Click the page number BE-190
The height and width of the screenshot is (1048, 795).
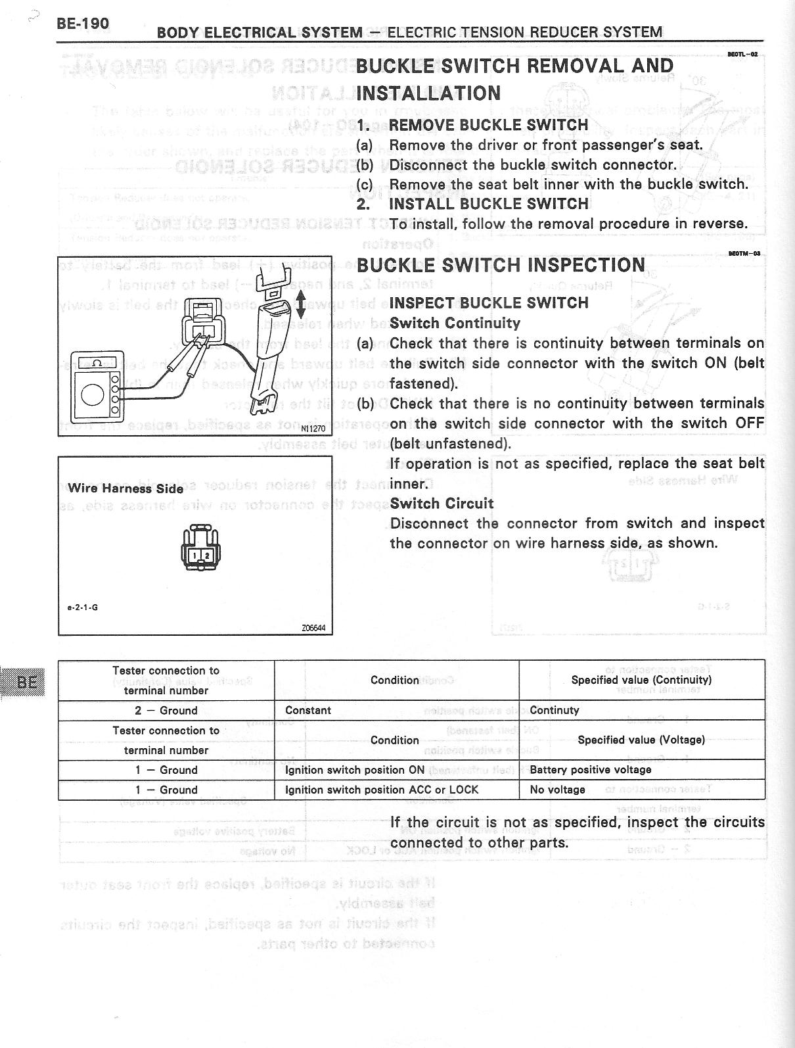coord(83,24)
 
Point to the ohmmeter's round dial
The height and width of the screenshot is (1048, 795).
coord(91,394)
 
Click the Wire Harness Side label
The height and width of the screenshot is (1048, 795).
coord(125,488)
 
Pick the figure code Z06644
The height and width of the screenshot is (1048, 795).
coord(313,628)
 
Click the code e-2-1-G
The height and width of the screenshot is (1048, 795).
coord(83,607)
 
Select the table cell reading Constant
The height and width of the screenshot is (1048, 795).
coord(308,710)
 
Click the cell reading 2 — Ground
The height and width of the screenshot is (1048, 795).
coord(166,710)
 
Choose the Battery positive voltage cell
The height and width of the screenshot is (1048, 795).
coord(590,770)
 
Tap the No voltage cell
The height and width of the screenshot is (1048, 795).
coord(557,790)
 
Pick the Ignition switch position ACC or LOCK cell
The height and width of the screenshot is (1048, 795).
coord(382,790)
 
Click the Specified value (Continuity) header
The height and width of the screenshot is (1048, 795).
coord(641,680)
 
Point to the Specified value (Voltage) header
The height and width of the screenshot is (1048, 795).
coord(641,740)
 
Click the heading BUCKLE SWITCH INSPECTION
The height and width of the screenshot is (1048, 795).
coord(501,266)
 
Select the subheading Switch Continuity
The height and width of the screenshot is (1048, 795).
coord(455,323)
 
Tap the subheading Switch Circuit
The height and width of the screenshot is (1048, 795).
coord(442,504)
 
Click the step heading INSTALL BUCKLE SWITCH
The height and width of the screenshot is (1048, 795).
coord(488,204)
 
